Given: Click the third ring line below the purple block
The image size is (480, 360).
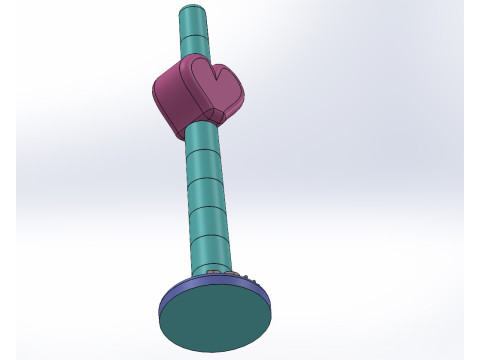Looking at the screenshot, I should click(x=209, y=204).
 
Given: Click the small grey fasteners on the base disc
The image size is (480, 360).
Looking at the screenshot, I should click(x=243, y=273).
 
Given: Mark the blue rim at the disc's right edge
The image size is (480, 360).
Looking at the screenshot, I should click(x=269, y=295).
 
